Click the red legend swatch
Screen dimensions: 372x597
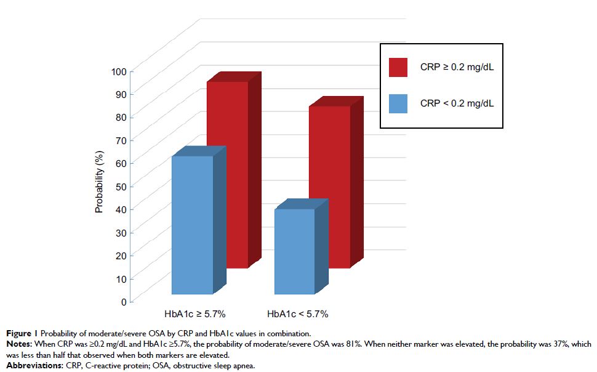(x=398, y=68)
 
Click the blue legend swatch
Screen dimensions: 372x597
(x=398, y=103)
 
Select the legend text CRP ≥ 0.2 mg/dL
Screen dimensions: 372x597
(x=457, y=68)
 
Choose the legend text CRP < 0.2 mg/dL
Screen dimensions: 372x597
(x=457, y=103)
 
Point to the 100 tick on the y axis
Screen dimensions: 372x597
(x=118, y=71)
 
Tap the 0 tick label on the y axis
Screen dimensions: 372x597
(x=123, y=302)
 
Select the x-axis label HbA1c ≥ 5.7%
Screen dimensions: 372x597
(x=195, y=313)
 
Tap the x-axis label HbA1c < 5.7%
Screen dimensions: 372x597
(x=297, y=313)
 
